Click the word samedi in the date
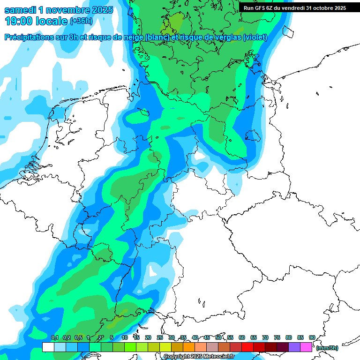point(21,10)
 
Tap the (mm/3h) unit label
point(327,348)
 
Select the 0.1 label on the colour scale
point(55,337)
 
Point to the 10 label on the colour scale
point(125,337)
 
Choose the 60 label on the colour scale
point(242,337)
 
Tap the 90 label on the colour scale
point(312,337)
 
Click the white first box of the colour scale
point(48,347)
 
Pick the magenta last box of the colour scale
point(306,347)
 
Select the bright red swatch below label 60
point(247,347)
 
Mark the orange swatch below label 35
point(189,347)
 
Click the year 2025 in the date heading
point(98,10)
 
